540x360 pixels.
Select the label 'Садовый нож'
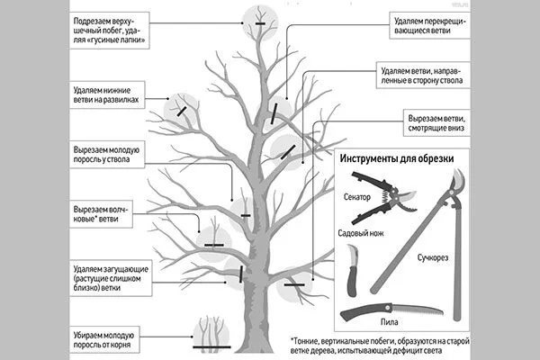(362, 235)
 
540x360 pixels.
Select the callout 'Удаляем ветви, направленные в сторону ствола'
(432, 75)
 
